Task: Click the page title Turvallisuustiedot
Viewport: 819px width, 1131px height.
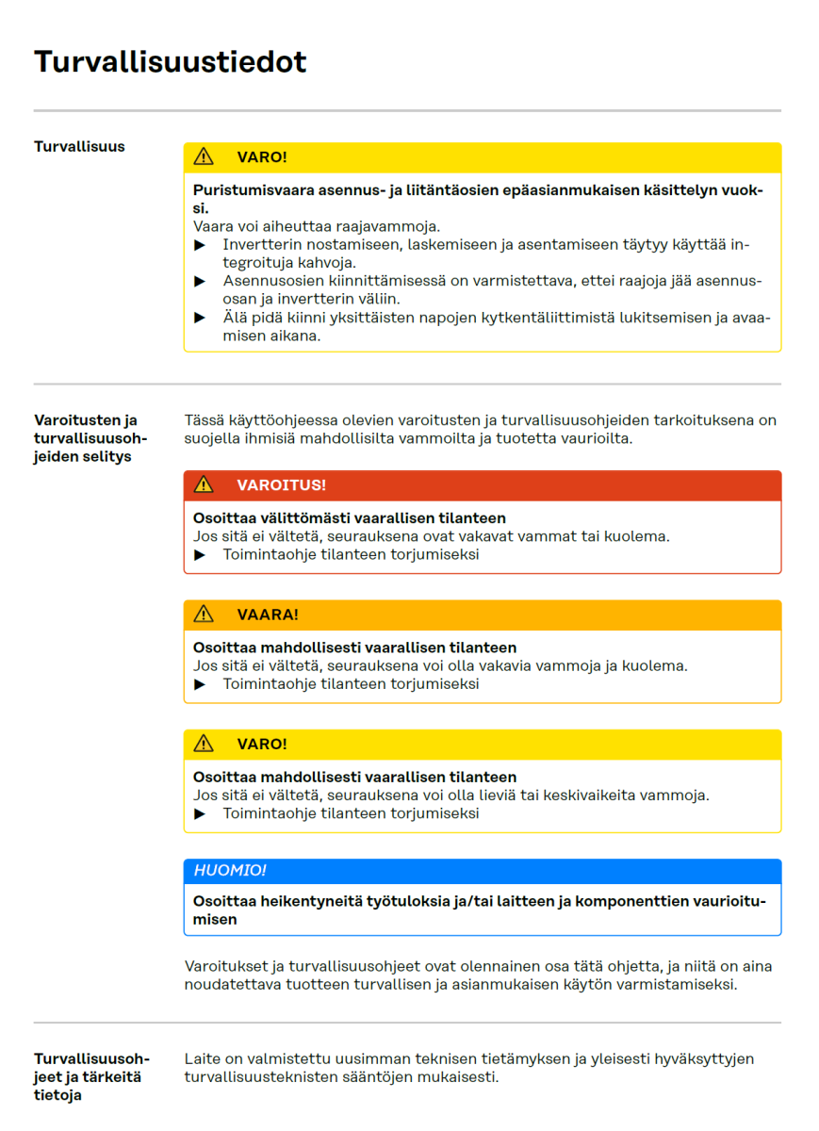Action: (171, 62)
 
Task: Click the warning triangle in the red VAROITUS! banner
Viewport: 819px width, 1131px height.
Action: (204, 485)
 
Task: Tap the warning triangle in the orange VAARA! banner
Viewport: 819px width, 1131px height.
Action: (204, 615)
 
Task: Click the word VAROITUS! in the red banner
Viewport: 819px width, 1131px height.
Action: (281, 485)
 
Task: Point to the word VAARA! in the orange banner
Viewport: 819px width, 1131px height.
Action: (268, 615)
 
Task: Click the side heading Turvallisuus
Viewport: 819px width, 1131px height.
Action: (79, 147)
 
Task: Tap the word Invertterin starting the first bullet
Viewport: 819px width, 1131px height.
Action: (260, 245)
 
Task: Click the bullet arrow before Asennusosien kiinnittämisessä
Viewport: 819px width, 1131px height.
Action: (200, 281)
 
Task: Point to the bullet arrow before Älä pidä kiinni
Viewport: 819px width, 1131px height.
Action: (200, 318)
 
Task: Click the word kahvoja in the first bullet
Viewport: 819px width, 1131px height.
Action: (329, 263)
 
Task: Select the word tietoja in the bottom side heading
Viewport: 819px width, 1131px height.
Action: (57, 1095)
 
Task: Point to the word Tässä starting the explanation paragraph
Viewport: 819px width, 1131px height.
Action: (204, 420)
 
